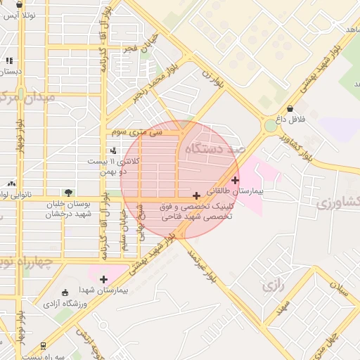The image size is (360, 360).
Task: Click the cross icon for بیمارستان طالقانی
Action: click(x=235, y=180)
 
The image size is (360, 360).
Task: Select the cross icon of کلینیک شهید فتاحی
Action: click(x=195, y=195)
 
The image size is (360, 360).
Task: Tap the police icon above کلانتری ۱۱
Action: click(x=113, y=150)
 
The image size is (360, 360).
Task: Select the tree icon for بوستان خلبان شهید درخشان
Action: click(x=68, y=192)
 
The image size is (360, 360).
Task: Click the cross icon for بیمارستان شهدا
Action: click(x=104, y=279)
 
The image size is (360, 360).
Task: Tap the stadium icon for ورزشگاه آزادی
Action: click(x=65, y=292)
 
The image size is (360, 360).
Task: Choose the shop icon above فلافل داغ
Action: click(x=290, y=108)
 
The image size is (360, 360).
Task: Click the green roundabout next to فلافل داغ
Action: click(x=271, y=127)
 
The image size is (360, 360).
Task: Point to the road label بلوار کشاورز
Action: click(x=295, y=145)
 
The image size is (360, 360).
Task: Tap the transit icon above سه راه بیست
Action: click(x=44, y=346)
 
